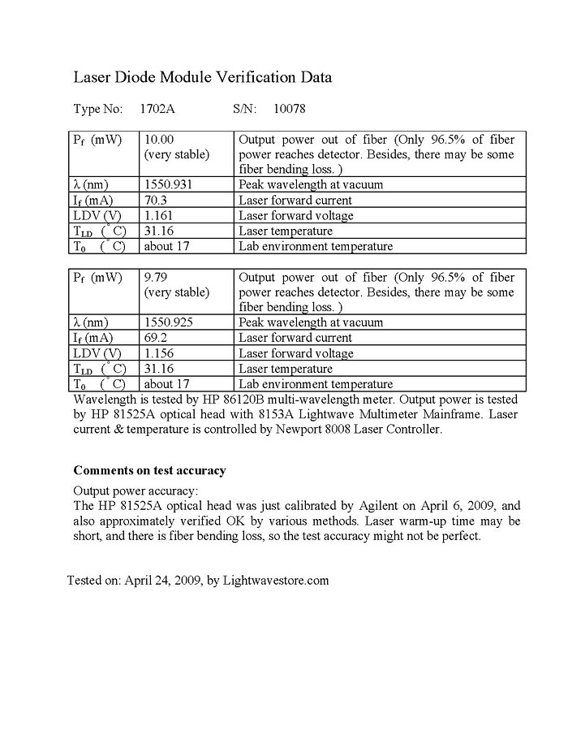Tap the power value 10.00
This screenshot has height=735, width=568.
159,139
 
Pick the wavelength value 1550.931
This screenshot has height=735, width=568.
168,184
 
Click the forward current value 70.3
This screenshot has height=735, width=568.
155,200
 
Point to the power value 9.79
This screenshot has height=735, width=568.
155,277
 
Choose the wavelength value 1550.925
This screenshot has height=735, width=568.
168,322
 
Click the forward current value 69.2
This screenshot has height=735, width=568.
155,338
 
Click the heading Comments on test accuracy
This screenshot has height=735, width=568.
149,470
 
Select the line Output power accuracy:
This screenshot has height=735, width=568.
136,491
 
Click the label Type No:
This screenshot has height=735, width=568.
97,108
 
